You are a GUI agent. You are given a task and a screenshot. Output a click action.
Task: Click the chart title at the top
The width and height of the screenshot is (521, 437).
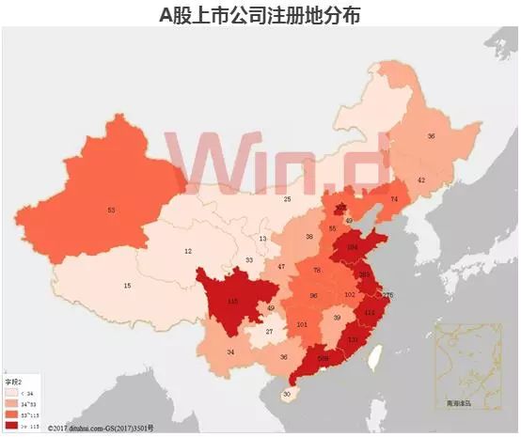(x=260, y=15)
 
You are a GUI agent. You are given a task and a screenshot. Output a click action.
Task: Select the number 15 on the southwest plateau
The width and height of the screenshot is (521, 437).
(x=127, y=286)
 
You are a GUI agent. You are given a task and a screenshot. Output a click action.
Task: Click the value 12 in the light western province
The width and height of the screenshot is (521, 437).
(x=188, y=251)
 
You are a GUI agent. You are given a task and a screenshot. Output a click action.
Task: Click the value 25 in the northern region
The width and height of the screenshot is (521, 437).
(x=287, y=199)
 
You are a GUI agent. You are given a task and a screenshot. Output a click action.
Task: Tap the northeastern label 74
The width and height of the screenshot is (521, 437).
(x=394, y=199)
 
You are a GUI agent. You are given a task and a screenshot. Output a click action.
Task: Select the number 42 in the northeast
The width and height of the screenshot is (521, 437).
(x=421, y=179)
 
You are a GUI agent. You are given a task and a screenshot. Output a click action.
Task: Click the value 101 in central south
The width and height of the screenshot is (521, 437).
(x=303, y=324)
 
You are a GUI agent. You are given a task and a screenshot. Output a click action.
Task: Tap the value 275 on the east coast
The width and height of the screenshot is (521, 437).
(x=387, y=296)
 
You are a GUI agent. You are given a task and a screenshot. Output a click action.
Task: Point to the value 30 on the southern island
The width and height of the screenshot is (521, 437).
(x=286, y=395)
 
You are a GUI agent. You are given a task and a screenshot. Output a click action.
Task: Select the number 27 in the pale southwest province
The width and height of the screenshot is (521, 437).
(x=269, y=332)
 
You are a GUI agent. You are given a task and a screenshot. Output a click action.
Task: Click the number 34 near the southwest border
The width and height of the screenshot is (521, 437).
(x=230, y=352)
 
